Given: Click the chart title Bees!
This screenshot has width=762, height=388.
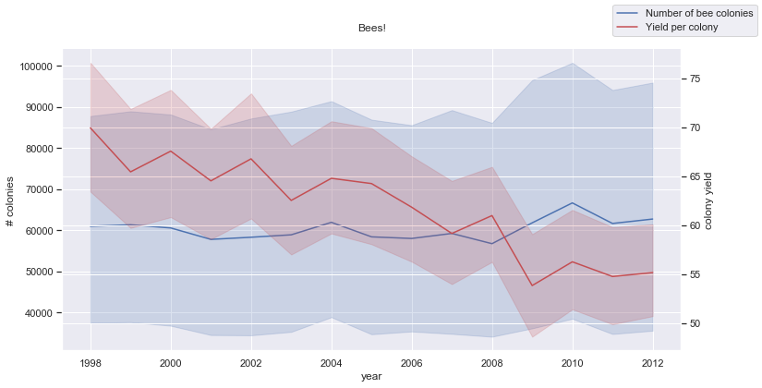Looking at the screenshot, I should point(371,29).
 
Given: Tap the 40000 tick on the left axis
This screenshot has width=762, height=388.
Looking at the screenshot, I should point(39,313).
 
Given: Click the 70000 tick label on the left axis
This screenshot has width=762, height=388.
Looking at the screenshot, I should point(39,189).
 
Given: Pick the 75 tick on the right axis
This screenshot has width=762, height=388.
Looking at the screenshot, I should point(694,79).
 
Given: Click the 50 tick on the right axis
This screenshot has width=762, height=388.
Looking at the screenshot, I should point(694,323).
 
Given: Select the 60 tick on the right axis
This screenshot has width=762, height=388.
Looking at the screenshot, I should point(694,225).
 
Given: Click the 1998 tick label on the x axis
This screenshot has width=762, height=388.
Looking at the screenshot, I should point(91,361).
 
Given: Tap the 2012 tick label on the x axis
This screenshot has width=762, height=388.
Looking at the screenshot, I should point(653,361).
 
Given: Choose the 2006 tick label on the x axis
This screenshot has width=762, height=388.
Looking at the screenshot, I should point(412,361).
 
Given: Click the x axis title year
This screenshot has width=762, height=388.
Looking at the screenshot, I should point(371,376).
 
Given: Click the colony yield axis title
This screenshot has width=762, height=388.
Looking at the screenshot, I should point(708,201).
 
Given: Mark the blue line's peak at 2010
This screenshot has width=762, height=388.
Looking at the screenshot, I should point(573,202).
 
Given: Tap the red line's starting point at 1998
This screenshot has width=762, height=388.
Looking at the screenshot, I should point(91,127).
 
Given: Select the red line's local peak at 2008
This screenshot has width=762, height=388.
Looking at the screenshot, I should point(492,215).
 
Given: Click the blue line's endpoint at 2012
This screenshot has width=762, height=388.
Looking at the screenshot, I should point(653,219).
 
